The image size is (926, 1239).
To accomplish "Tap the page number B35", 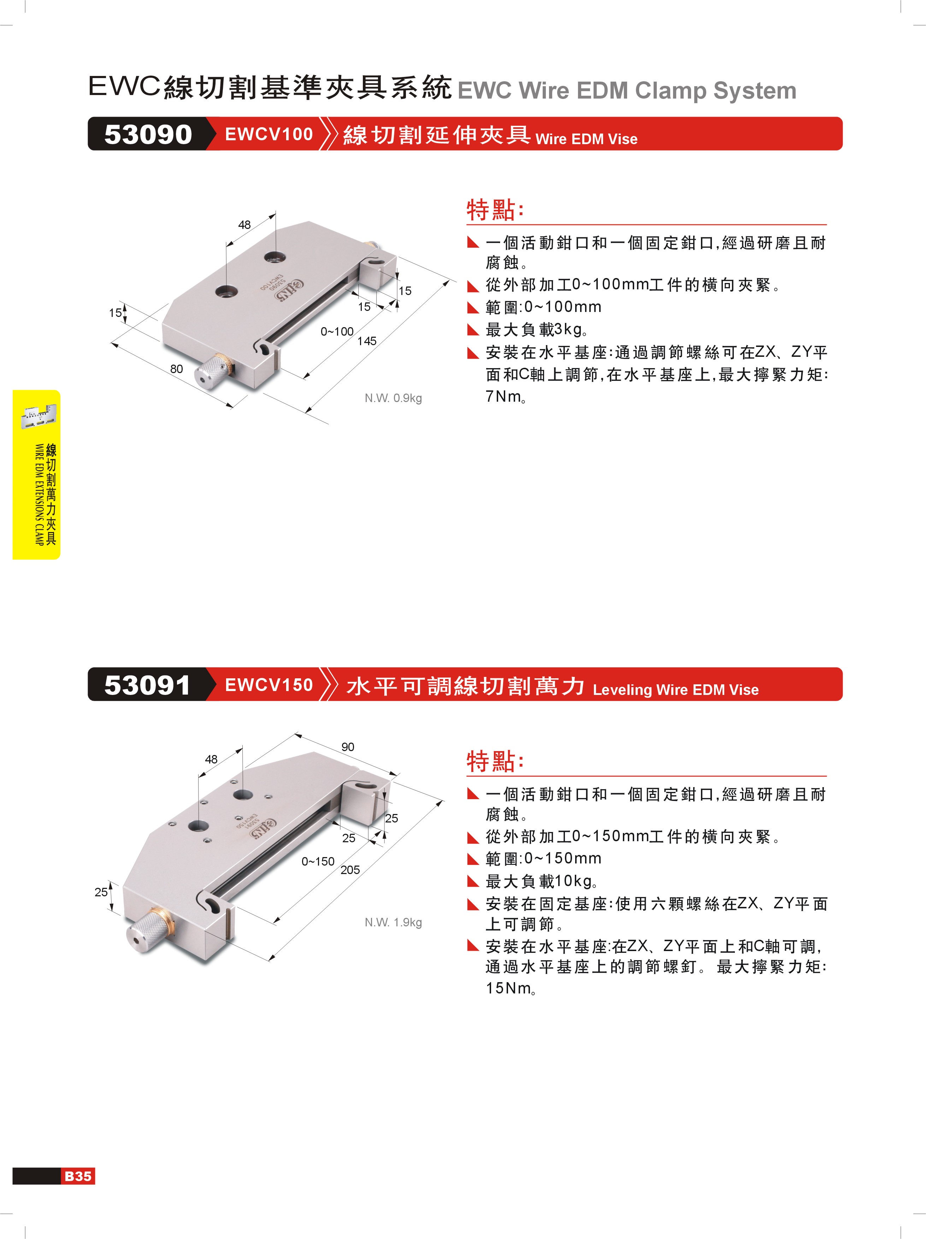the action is (x=78, y=1176).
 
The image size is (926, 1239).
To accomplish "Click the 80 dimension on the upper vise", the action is (x=176, y=368).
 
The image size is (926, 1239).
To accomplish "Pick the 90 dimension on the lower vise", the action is (x=348, y=747).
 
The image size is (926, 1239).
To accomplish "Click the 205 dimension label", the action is (x=350, y=870).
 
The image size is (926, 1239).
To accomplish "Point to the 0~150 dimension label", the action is (x=318, y=861).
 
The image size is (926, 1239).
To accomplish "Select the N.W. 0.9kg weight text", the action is (x=393, y=398).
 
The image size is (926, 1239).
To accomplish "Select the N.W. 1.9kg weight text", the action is (x=393, y=922).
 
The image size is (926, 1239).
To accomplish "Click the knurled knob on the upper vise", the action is (x=213, y=370).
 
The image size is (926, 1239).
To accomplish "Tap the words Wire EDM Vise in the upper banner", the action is (x=586, y=139).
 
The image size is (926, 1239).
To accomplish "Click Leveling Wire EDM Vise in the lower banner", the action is (x=676, y=690).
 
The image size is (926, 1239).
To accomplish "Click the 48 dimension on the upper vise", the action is (x=244, y=225).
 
